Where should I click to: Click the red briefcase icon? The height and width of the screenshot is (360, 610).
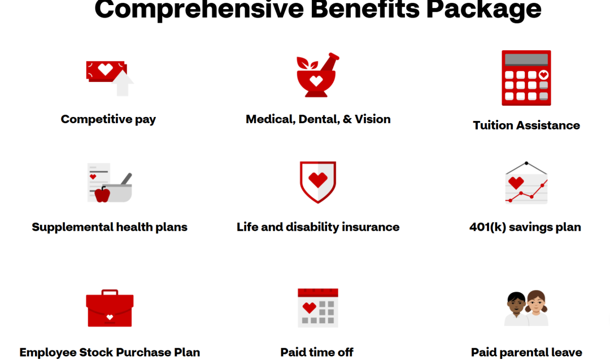110,308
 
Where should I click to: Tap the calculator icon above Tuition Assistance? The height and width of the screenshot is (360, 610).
526,78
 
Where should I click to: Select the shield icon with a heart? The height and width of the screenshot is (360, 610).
318,182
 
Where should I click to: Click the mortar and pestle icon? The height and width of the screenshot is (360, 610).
317,75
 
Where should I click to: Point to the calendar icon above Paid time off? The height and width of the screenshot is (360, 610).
318,308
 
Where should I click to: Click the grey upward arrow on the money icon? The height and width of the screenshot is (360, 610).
123,83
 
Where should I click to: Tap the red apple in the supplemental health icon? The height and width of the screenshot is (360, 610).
102,194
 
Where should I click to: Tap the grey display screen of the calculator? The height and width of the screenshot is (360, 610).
526,59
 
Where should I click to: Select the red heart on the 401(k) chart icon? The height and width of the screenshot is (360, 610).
516,183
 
